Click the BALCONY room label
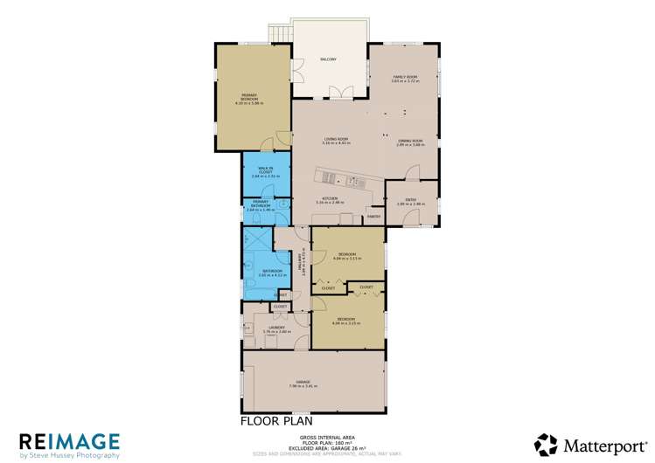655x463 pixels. coord(328,59)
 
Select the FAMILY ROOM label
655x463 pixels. coord(405,78)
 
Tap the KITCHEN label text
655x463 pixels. coord(330,198)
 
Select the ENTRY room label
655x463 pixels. coord(410,200)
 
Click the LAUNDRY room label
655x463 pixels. coord(277,328)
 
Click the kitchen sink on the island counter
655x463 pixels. coord(357,181)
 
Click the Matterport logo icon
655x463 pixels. coord(547,444)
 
